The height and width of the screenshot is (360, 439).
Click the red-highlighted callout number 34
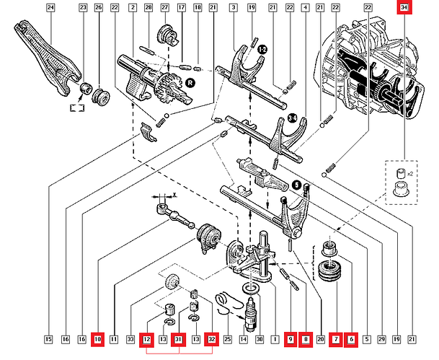[404, 8]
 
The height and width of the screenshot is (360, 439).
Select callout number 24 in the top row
[50, 8]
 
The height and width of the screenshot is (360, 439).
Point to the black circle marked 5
[296, 185]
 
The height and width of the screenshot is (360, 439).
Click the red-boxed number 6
[352, 338]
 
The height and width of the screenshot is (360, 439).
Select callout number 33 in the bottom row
[130, 338]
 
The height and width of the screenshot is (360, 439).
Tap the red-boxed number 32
[211, 338]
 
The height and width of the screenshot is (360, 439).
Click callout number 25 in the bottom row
[228, 338]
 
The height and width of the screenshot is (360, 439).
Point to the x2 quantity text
[410, 174]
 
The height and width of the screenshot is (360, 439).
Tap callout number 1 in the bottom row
[275, 338]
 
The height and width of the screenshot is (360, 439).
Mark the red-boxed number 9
[291, 338]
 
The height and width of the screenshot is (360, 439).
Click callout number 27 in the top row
[164, 8]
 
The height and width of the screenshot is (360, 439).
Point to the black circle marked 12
[262, 49]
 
